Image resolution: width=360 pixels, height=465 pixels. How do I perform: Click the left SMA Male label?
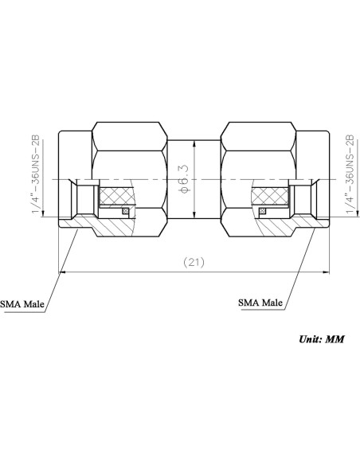22,304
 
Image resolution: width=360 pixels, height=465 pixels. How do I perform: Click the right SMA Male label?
260,303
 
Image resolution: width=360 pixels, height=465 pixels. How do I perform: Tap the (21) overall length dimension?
194,262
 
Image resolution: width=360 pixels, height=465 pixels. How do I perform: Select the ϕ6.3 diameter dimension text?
184,179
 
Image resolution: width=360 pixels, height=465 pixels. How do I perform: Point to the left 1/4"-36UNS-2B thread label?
36,174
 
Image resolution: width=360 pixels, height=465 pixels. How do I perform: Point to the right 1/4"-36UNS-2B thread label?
350,174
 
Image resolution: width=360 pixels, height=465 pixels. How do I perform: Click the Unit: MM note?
322,339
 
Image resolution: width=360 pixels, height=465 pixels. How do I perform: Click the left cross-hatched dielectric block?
116,196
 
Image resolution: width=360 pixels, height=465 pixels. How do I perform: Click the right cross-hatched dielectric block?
270,196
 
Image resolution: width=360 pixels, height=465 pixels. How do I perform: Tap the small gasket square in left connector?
125,211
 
